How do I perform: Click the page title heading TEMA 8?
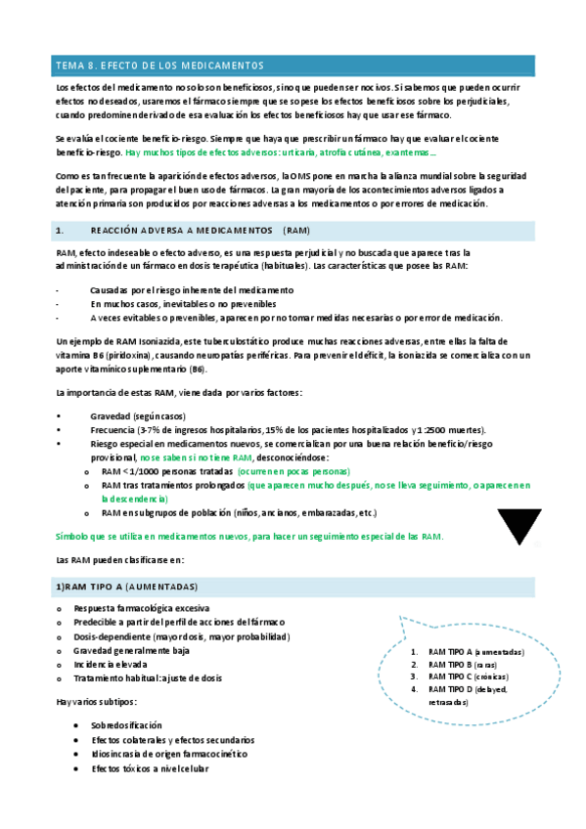click(x=159, y=65)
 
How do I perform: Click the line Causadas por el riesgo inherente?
click(x=191, y=290)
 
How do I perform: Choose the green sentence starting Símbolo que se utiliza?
click(x=250, y=536)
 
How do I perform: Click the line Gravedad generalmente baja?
click(x=131, y=649)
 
